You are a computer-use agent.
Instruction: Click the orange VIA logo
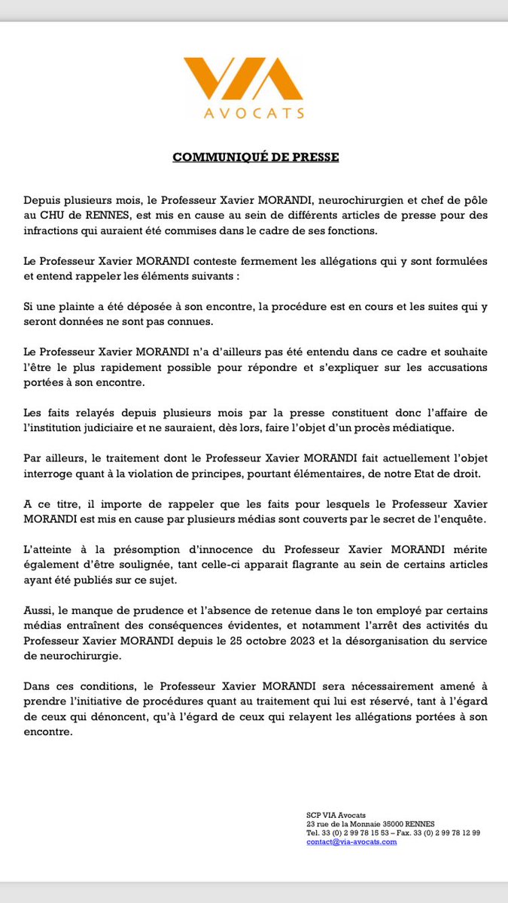point(254,79)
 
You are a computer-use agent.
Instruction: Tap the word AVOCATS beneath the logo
point(254,114)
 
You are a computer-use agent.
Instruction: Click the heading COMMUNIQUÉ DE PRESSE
point(256,157)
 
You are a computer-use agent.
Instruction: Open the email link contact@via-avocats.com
point(351,842)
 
